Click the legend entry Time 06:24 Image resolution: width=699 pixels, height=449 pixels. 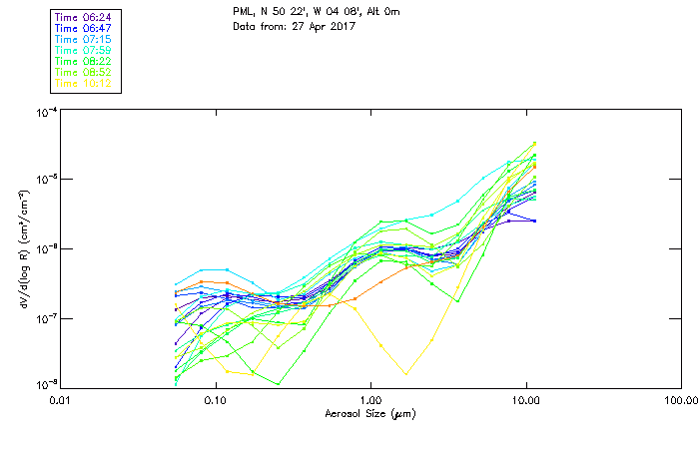[85, 17]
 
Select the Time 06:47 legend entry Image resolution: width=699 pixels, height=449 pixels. [85, 28]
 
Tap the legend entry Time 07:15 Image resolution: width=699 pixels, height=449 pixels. [85, 39]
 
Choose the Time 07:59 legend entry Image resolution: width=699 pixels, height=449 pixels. [85, 50]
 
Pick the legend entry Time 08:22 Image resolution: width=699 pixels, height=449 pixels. [85, 61]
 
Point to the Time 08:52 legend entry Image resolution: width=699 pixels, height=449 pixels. [85, 72]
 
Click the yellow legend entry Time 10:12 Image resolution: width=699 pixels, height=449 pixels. [85, 83]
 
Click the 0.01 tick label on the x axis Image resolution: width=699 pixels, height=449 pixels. [61, 399]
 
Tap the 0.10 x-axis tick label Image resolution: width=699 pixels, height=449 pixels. [216, 399]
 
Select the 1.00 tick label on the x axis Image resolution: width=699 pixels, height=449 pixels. [370, 399]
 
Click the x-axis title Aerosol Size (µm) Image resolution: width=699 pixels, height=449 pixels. [369, 413]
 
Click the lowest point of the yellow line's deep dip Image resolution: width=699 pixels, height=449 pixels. [405, 374]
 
